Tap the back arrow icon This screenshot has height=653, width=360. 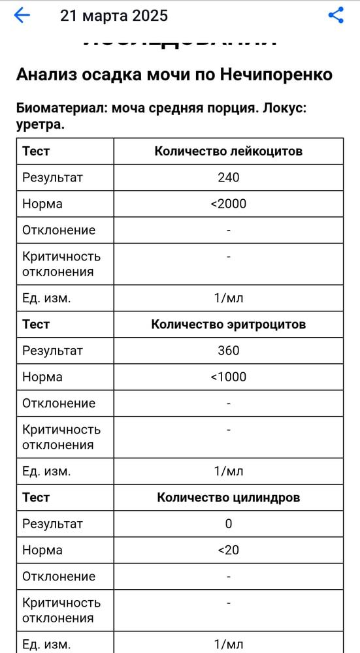pyautogui.click(x=22, y=16)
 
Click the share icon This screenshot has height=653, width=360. pyautogui.click(x=336, y=16)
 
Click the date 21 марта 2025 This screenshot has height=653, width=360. pyautogui.click(x=114, y=16)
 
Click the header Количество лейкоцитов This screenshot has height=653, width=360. pyautogui.click(x=228, y=151)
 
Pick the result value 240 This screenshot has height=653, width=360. pyautogui.click(x=228, y=178)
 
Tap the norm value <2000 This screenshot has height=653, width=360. pyautogui.click(x=228, y=204)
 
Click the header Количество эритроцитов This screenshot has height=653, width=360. pyautogui.click(x=228, y=325)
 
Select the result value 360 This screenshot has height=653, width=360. pyautogui.click(x=228, y=351)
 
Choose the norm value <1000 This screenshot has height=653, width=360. pyautogui.click(x=228, y=377)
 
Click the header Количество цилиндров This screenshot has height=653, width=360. pyautogui.click(x=228, y=498)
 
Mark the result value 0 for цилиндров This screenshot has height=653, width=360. pyautogui.click(x=228, y=524)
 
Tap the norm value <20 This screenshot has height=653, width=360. pyautogui.click(x=228, y=550)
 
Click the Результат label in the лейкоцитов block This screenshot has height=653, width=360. pyautogui.click(x=52, y=178)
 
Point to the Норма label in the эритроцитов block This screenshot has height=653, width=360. pyautogui.click(x=42, y=377)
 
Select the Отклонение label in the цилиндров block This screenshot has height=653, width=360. pyautogui.click(x=59, y=576)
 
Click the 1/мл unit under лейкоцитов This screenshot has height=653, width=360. pyautogui.click(x=228, y=298)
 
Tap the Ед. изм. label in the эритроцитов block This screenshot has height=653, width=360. pyautogui.click(x=46, y=471)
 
